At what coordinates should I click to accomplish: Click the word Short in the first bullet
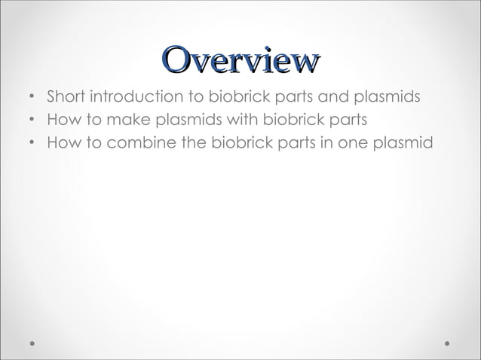(x=66, y=98)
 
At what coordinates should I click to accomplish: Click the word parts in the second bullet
(x=347, y=119)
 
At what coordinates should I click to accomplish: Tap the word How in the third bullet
(x=62, y=140)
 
